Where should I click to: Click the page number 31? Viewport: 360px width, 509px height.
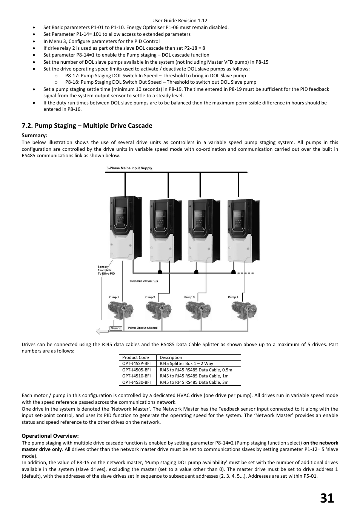pyautogui.click(x=327, y=498)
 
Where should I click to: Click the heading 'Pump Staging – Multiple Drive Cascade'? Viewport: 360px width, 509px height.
pyautogui.click(x=87, y=126)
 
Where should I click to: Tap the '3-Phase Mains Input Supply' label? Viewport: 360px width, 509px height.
pyautogui.click(x=129, y=168)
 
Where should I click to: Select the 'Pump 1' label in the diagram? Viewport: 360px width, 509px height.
pyautogui.click(x=114, y=297)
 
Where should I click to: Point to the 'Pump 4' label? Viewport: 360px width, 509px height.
pyautogui.click(x=233, y=297)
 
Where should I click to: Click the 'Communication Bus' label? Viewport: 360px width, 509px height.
pyautogui.click(x=144, y=281)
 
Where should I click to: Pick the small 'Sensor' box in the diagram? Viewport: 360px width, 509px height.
pyautogui.click(x=115, y=328)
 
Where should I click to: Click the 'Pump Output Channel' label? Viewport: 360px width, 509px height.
pyautogui.click(x=143, y=328)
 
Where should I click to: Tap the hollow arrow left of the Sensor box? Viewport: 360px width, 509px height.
pyautogui.click(x=102, y=331)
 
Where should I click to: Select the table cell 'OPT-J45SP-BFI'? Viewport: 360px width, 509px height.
pyautogui.click(x=136, y=363)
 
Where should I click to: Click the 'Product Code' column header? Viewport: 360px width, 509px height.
pyautogui.click(x=135, y=357)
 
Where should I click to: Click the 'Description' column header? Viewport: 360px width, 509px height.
pyautogui.click(x=171, y=357)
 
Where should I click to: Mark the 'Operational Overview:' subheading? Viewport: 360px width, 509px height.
pyautogui.click(x=50, y=436)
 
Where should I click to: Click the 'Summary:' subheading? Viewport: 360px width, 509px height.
pyautogui.click(x=34, y=135)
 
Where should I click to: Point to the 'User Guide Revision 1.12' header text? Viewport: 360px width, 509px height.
pyautogui.click(x=180, y=21)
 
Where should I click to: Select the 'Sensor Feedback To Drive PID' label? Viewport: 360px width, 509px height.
pyautogui.click(x=105, y=270)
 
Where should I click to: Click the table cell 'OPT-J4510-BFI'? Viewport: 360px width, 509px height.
pyautogui.click(x=136, y=376)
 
